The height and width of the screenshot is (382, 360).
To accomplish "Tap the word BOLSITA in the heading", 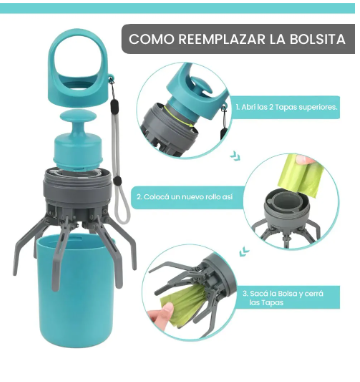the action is [x=318, y=39].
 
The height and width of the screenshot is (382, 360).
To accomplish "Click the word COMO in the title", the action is [x=151, y=39].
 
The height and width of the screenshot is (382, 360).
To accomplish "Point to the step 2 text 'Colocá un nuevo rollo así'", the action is [x=184, y=197].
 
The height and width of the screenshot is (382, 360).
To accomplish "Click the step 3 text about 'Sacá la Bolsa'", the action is [x=283, y=298].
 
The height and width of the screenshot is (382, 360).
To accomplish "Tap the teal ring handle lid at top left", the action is [x=79, y=67].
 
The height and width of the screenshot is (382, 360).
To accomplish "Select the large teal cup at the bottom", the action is [x=76, y=290].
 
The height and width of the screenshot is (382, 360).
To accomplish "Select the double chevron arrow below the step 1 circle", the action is [x=235, y=156].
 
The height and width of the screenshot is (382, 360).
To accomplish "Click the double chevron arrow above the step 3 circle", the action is [x=244, y=251].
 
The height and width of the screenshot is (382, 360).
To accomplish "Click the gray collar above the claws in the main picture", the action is [x=77, y=188].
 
